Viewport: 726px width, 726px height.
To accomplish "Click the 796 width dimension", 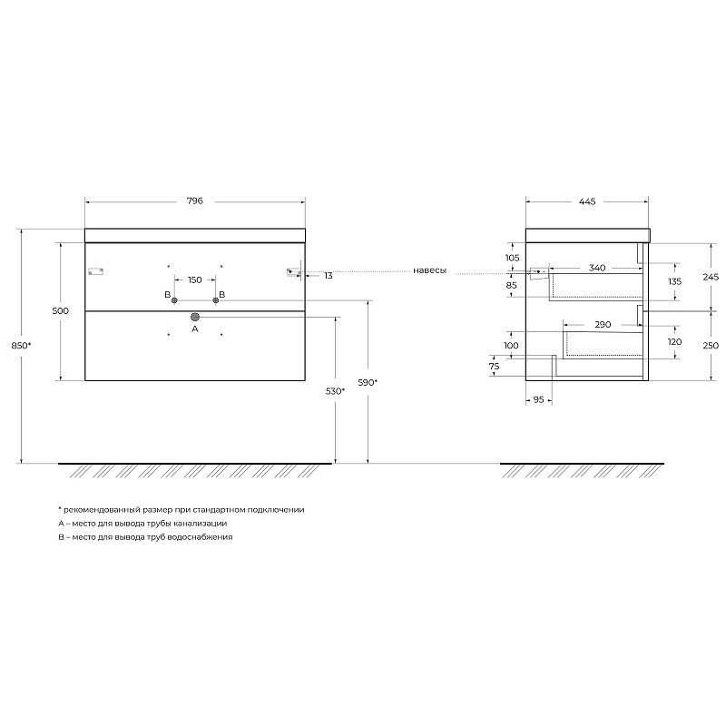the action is point(194,201).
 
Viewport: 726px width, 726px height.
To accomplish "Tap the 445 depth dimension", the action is point(586,201).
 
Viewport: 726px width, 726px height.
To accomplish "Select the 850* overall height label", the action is point(21,346).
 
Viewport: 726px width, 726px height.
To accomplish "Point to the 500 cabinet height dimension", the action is point(60,310).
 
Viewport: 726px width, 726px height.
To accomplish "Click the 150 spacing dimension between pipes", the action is point(195,280).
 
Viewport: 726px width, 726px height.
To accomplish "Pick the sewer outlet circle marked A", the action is point(195,317).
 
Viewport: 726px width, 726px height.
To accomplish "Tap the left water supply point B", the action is point(174,300).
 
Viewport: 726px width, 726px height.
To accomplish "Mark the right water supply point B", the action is point(216,300).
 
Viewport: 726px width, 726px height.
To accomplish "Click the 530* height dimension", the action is point(335,391).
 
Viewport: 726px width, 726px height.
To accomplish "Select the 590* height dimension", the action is point(368,382).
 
